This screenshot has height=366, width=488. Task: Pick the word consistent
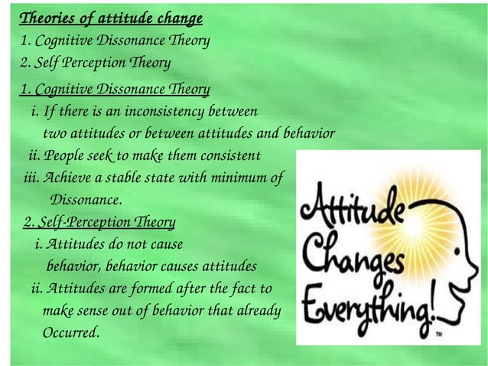pos(228,157)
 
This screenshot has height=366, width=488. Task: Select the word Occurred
pos(71,334)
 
